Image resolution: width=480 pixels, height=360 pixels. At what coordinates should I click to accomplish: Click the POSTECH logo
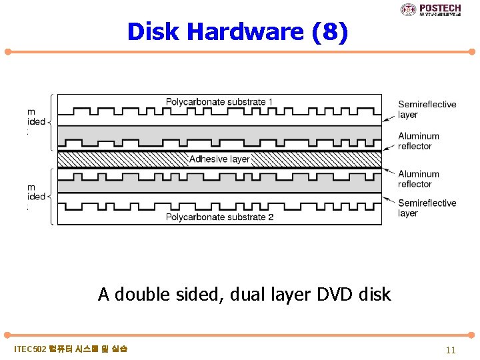(431, 9)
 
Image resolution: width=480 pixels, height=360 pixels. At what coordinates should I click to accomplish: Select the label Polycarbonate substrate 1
(219, 102)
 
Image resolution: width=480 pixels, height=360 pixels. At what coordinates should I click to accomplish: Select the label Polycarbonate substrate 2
(219, 217)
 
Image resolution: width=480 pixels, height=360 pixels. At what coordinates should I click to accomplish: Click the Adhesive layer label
(219, 159)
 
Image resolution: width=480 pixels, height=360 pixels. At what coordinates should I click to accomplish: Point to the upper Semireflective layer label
(427, 109)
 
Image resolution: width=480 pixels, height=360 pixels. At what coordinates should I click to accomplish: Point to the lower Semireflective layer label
(427, 208)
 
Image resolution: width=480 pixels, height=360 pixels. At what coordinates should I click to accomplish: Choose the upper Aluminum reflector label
(419, 141)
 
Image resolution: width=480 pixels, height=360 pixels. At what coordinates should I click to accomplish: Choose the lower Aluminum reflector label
(419, 179)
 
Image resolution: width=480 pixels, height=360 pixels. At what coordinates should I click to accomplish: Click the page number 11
(451, 350)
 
